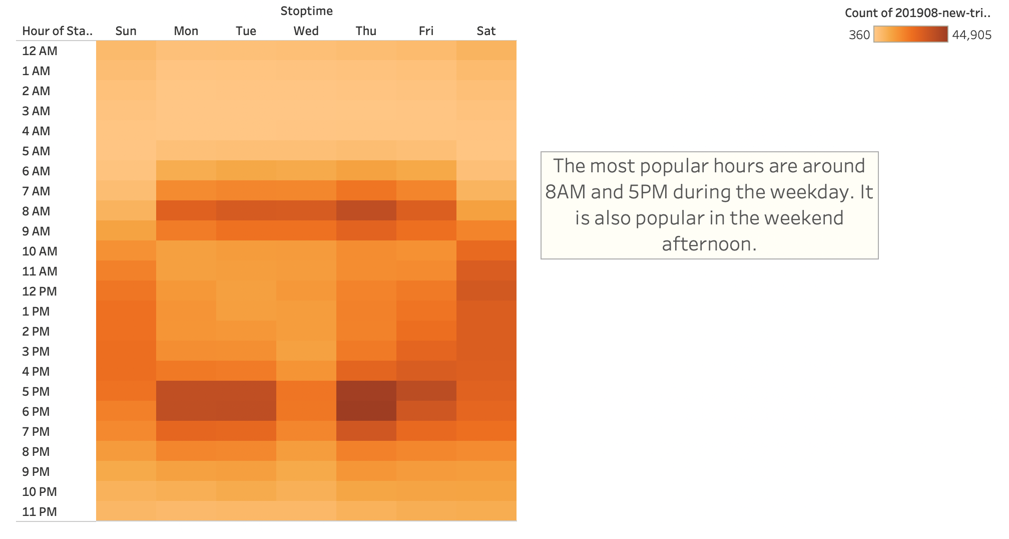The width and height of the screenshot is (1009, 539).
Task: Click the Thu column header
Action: coord(366,31)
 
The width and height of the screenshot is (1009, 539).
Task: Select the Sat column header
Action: coord(486,31)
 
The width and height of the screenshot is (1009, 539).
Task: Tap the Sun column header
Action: coord(126,31)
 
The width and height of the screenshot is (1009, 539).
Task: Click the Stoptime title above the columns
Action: coord(306,11)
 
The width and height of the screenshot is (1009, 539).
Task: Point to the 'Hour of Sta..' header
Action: coord(57,31)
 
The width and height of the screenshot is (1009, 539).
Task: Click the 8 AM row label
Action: coord(36,211)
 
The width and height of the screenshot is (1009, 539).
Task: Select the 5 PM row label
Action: coord(36,391)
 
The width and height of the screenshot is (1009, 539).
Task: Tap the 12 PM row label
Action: coord(39,291)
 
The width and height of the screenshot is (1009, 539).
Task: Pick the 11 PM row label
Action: coord(39,511)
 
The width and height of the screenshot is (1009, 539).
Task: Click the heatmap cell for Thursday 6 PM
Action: coord(366,411)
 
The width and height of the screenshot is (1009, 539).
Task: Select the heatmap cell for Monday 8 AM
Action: coord(186,211)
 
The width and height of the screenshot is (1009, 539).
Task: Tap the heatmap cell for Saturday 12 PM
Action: coord(486,291)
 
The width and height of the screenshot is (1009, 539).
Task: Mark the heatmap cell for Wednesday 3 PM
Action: coord(306,351)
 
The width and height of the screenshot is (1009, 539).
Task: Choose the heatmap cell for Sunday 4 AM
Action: coord(126,131)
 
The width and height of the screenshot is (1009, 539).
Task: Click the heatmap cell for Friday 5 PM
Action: coord(426,391)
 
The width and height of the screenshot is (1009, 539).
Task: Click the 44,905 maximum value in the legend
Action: coord(971,35)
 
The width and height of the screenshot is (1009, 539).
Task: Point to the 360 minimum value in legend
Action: coord(859,35)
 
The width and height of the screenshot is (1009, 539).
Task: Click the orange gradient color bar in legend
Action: coord(910,34)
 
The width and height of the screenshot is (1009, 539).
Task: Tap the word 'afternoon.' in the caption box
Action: coord(709,244)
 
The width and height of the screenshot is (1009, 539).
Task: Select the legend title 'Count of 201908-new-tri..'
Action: coord(917,13)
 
